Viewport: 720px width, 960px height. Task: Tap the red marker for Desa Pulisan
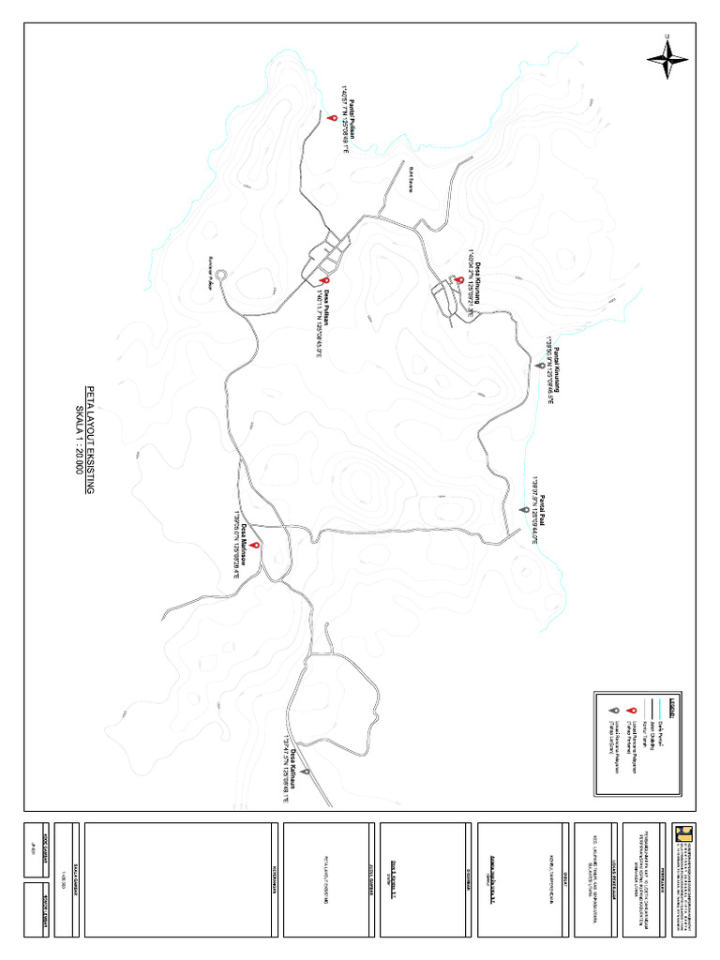(x=324, y=279)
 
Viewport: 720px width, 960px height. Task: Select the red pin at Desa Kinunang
(x=459, y=280)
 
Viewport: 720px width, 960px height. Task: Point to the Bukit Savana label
(x=411, y=180)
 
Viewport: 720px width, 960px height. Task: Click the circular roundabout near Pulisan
(x=221, y=275)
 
